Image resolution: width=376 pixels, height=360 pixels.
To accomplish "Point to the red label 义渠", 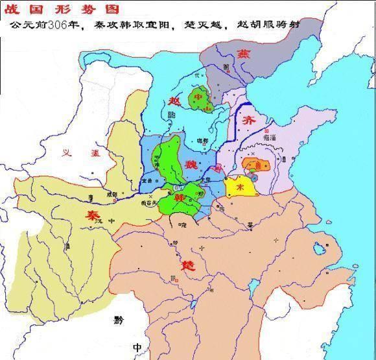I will coord(73,154).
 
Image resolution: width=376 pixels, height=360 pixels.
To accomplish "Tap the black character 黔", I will coord(117,319).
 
